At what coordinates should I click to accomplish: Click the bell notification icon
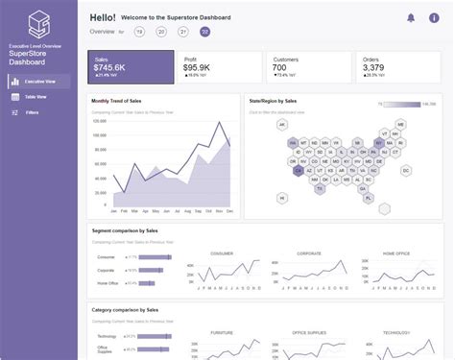[411, 18]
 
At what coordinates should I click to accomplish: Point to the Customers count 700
[278, 67]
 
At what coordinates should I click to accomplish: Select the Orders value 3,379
[373, 67]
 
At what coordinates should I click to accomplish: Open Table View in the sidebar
[36, 97]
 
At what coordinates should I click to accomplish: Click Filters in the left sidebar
[32, 112]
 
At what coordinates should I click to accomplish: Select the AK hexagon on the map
[282, 124]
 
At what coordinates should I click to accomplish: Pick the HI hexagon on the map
[282, 198]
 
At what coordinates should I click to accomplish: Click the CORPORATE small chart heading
[309, 252]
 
